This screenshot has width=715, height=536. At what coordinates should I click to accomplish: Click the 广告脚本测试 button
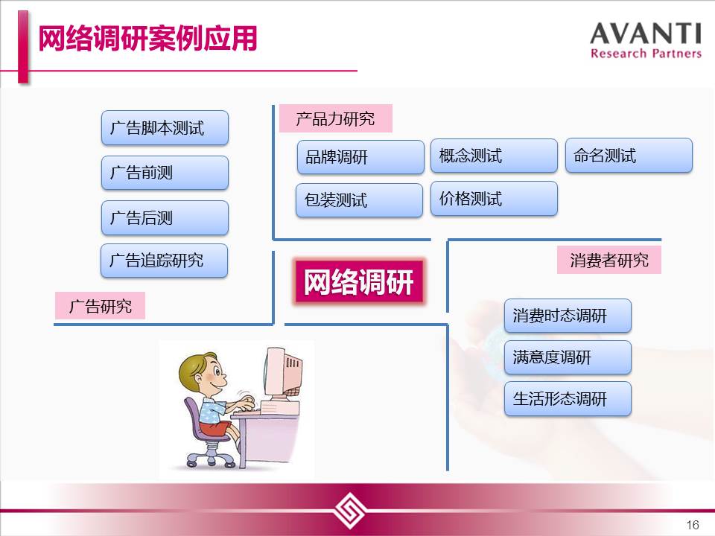[x=165, y=127]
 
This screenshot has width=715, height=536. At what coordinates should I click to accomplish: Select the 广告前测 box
[x=165, y=173]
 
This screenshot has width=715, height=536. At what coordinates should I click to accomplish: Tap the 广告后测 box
[x=165, y=217]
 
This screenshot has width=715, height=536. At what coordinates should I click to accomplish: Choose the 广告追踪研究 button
[x=164, y=261]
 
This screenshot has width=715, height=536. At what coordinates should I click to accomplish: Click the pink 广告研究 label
[x=100, y=306]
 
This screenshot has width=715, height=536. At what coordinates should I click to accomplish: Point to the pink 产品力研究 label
[x=336, y=118]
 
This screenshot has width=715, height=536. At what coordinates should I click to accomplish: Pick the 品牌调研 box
[x=360, y=157]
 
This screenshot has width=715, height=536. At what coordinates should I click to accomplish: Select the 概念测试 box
[x=494, y=156]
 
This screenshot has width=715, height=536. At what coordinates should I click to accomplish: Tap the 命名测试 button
[x=629, y=156]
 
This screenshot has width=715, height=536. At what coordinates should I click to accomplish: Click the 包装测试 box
[x=359, y=200]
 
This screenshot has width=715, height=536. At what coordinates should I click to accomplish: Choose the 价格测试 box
[x=494, y=199]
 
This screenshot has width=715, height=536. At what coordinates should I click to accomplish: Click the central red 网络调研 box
[x=359, y=281]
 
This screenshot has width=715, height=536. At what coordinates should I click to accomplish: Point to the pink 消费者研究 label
[x=609, y=261]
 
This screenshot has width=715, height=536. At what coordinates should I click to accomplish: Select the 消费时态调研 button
[x=568, y=316]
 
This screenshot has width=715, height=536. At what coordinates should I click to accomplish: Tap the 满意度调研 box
[x=568, y=357]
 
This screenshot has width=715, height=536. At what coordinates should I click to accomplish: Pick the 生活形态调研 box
[x=568, y=399]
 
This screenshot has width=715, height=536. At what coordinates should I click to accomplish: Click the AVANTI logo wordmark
[x=646, y=40]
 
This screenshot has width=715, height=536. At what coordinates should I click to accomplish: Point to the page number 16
[x=693, y=525]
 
